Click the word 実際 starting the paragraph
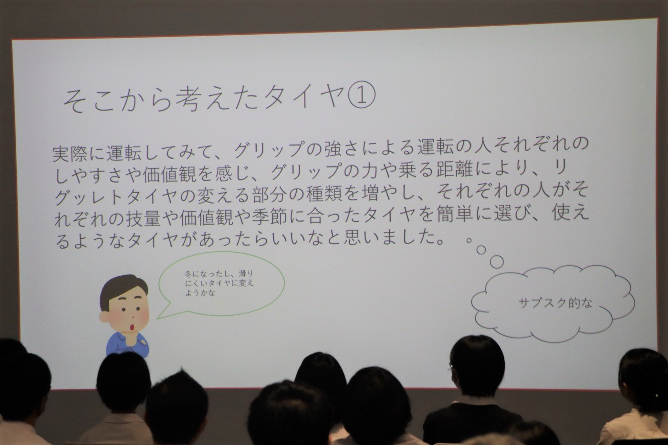[70, 155]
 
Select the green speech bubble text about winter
[219, 283]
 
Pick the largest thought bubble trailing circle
[497, 262]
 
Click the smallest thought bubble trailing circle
[469, 240]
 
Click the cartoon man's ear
[104, 317]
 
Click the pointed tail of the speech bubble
[158, 318]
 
